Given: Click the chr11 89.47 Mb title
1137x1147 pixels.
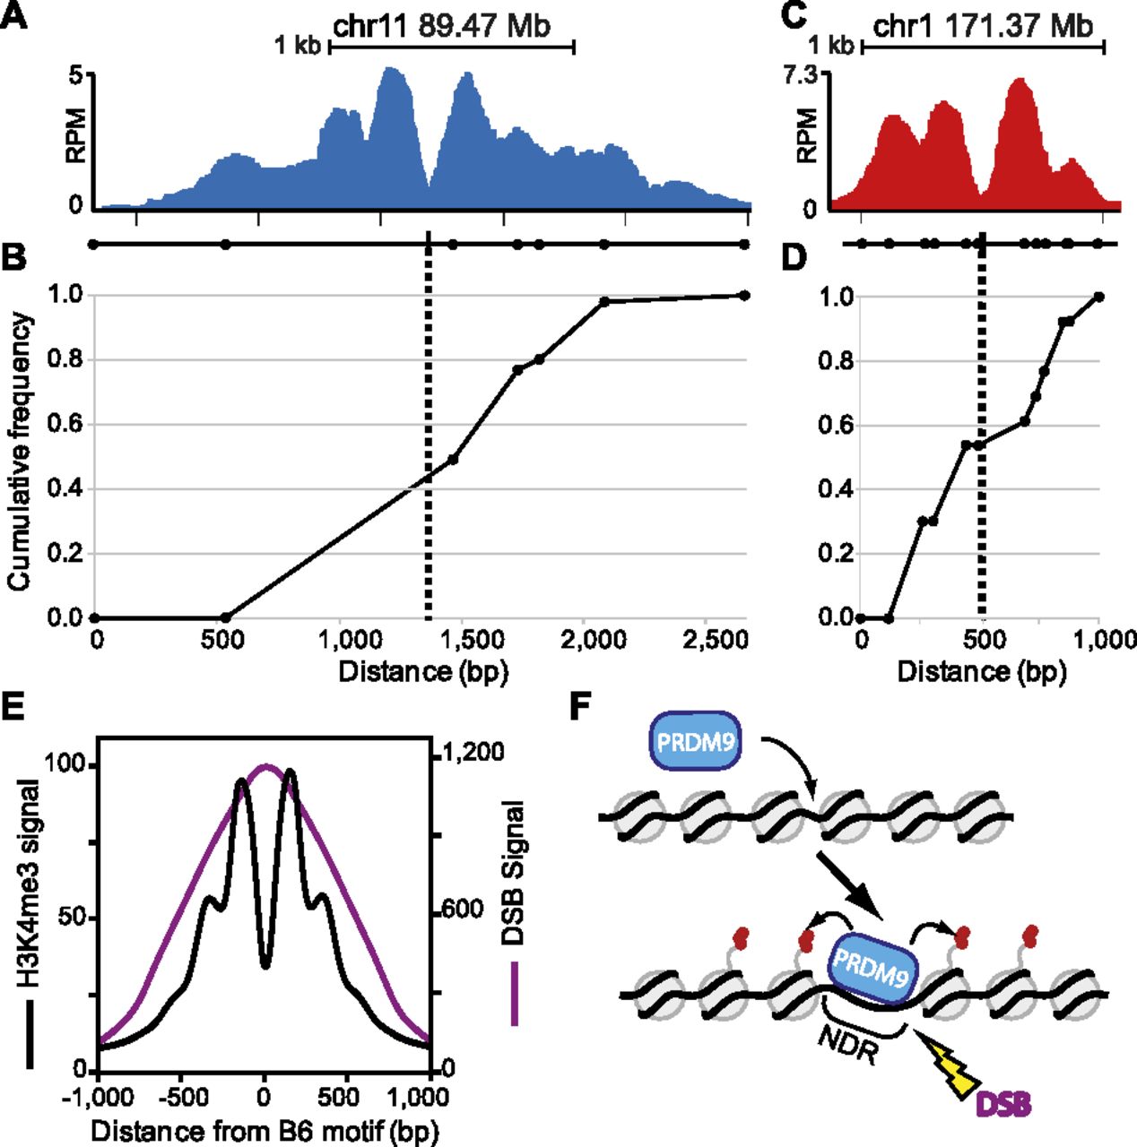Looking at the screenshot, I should click(x=442, y=25).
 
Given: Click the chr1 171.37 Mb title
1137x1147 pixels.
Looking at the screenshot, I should click(x=983, y=25).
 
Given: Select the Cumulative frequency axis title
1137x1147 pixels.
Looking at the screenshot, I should click(x=19, y=451).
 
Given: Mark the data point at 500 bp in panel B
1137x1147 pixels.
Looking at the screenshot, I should click(x=226, y=617).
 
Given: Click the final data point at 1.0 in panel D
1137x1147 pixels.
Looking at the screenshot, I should click(x=1099, y=297).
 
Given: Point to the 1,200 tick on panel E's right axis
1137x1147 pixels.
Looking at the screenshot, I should click(x=468, y=751).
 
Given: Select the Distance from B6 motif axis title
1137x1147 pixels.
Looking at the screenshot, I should click(x=265, y=1130).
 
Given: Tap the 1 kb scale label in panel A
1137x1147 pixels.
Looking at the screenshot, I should click(x=297, y=45).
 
